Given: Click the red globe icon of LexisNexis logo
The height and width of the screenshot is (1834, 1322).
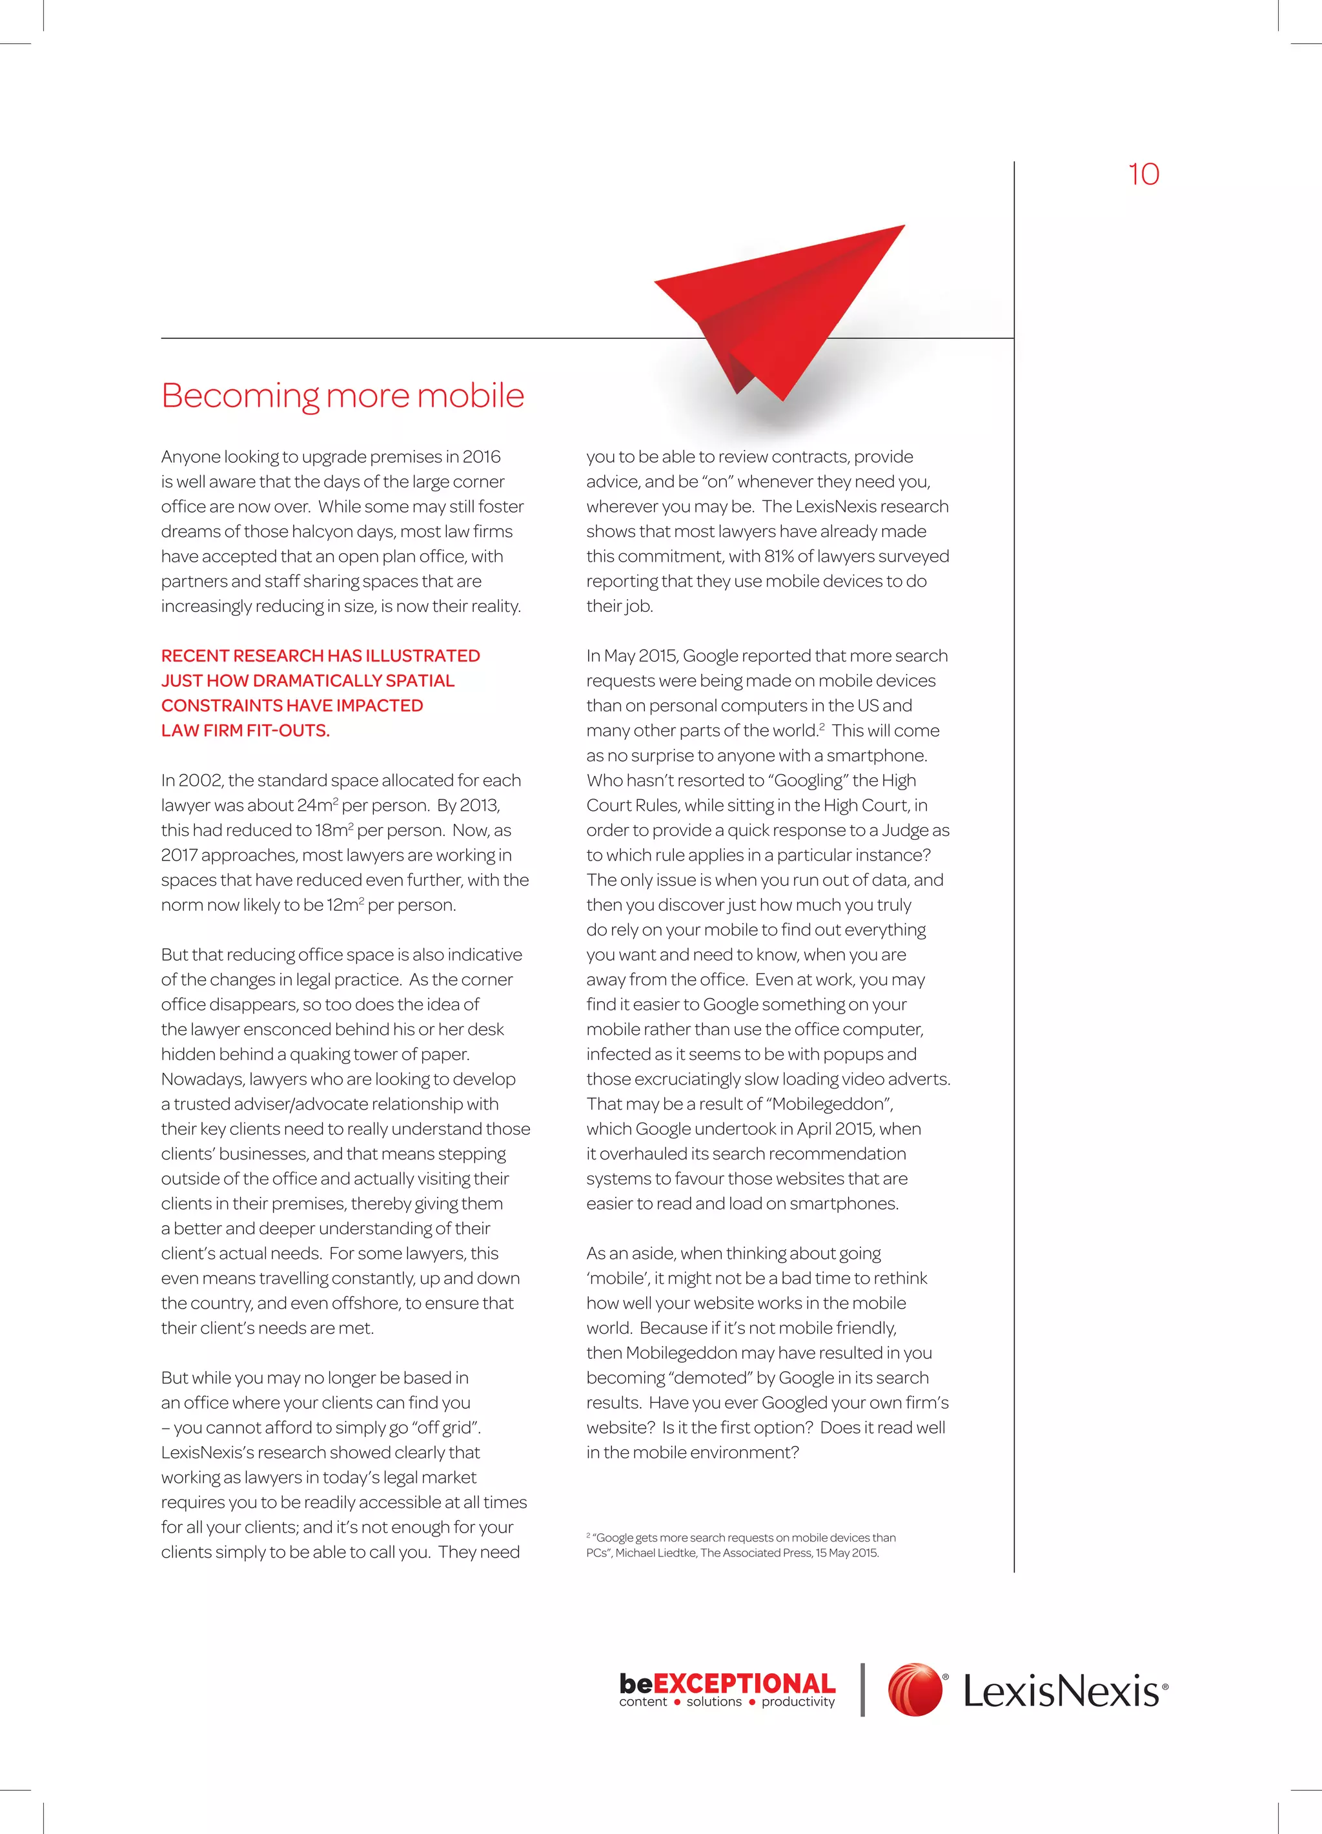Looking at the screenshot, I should (915, 1690).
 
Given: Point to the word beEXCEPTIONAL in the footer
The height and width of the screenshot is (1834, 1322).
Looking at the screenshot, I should (726, 1684).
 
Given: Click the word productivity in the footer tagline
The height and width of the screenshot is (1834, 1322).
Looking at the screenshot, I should (797, 1702).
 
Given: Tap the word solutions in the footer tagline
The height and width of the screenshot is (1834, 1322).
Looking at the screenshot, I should (713, 1702).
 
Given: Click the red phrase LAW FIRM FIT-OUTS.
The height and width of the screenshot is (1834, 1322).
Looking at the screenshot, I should (245, 730).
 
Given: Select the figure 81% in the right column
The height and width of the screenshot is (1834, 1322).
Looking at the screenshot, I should (778, 556).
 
